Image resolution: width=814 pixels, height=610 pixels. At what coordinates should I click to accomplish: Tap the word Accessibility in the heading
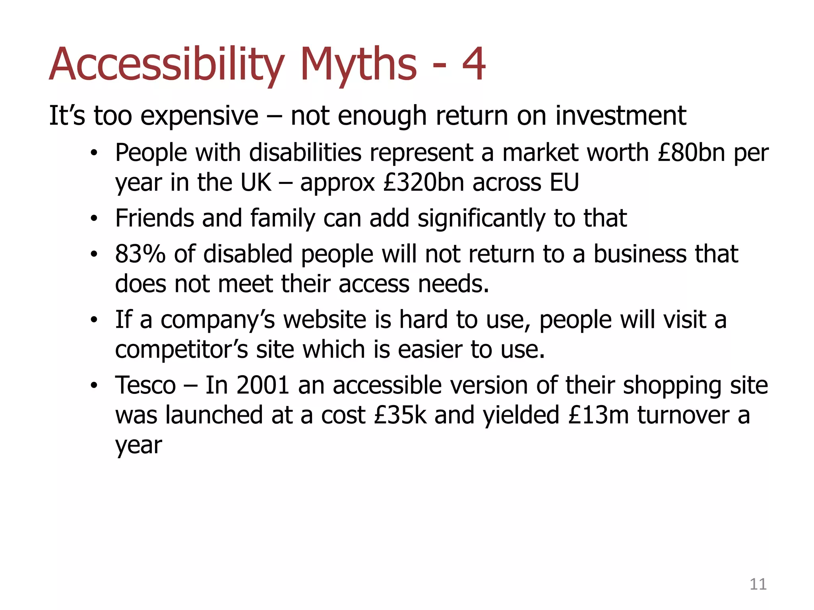click(167, 64)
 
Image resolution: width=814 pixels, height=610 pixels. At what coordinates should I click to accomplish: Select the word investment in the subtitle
click(620, 116)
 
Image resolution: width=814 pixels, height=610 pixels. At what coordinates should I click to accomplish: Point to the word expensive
click(199, 116)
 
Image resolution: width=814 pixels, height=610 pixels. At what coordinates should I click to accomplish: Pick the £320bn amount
click(424, 183)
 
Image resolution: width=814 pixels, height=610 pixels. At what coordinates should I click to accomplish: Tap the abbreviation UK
click(256, 183)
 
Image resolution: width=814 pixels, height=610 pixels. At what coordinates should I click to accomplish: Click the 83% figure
click(140, 254)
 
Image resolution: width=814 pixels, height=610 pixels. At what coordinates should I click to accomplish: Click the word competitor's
click(182, 350)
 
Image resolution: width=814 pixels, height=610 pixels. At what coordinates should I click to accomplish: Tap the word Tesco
click(145, 385)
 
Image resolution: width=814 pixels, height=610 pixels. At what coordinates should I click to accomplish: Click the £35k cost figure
click(400, 415)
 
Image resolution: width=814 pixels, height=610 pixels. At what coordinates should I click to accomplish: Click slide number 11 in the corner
click(758, 584)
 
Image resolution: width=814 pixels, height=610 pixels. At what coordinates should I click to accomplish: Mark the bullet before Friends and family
click(94, 219)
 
